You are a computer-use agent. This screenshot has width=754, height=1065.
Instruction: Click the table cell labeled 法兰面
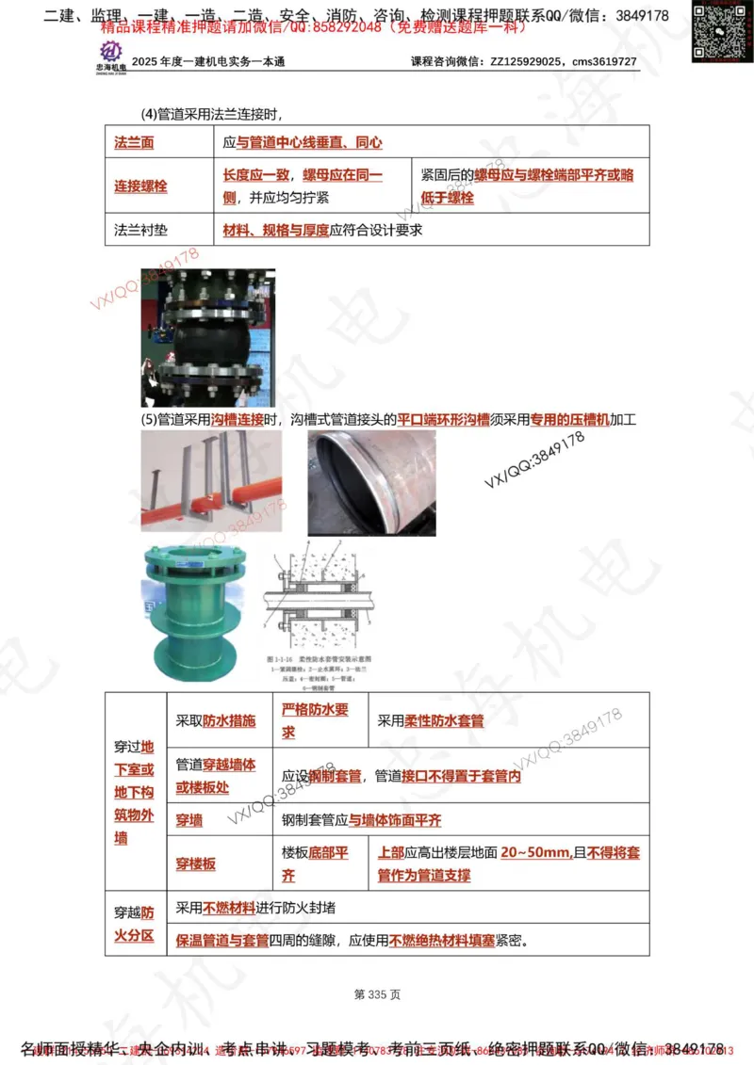(135, 143)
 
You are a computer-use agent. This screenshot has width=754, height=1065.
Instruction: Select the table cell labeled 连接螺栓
(140, 186)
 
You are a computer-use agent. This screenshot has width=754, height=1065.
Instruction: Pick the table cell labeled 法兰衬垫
(140, 230)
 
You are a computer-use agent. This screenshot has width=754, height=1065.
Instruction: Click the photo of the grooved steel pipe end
(371, 484)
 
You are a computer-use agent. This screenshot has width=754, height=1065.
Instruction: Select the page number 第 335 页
(377, 994)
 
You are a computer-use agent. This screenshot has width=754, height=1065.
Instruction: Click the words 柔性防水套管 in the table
(444, 721)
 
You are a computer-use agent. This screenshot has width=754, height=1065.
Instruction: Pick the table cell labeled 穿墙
(189, 820)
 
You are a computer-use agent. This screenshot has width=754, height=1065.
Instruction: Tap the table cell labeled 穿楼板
(196, 863)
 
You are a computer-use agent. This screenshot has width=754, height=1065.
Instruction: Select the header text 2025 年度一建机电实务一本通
(208, 62)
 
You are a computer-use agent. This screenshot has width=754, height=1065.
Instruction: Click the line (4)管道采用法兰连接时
(211, 115)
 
